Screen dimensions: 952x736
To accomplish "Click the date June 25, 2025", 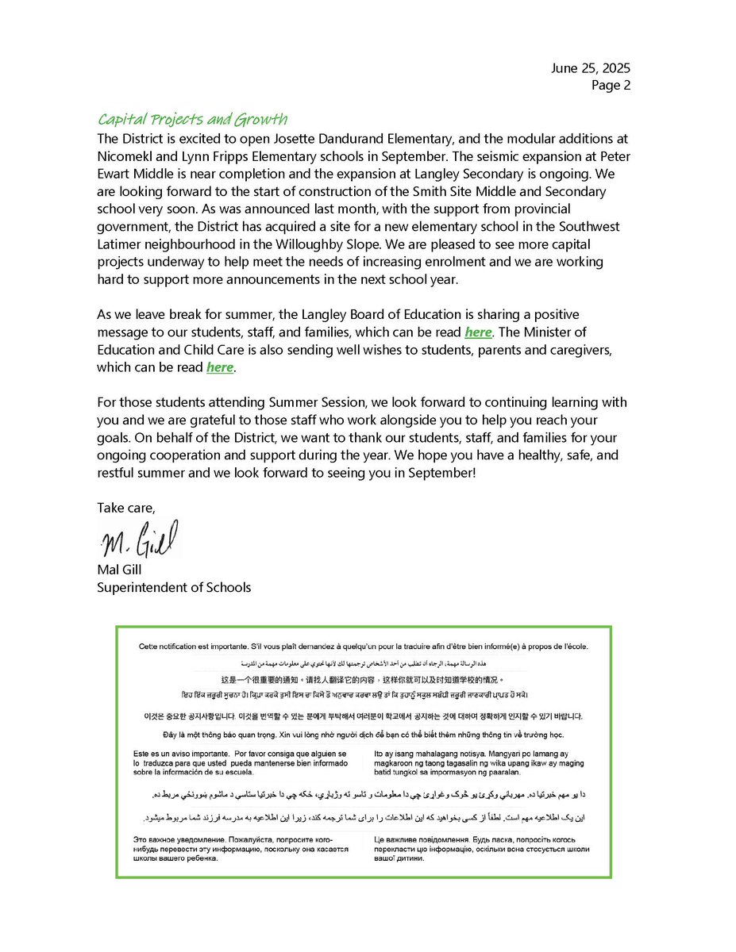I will [x=590, y=69].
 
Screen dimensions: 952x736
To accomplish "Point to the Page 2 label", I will [x=611, y=86].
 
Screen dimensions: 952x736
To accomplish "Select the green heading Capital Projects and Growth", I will [x=192, y=120].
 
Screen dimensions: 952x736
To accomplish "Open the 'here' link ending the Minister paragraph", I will [x=220, y=367].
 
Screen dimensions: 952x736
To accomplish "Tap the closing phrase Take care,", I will [x=125, y=507].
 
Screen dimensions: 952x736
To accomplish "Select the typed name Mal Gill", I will [x=121, y=570].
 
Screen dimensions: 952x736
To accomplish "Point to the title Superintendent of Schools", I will [x=174, y=587].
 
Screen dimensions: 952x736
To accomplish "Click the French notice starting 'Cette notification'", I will [x=363, y=647].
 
